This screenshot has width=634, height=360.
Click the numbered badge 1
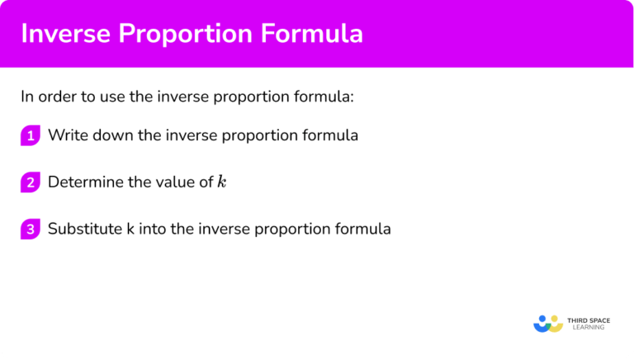(x=31, y=136)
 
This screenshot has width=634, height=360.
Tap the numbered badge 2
(x=31, y=182)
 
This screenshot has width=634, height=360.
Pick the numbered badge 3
(x=31, y=230)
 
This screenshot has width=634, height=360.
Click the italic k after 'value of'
(x=221, y=182)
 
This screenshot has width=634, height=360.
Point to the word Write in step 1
(x=66, y=135)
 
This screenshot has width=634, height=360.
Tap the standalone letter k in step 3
(x=130, y=229)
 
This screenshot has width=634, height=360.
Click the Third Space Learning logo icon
(x=548, y=324)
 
